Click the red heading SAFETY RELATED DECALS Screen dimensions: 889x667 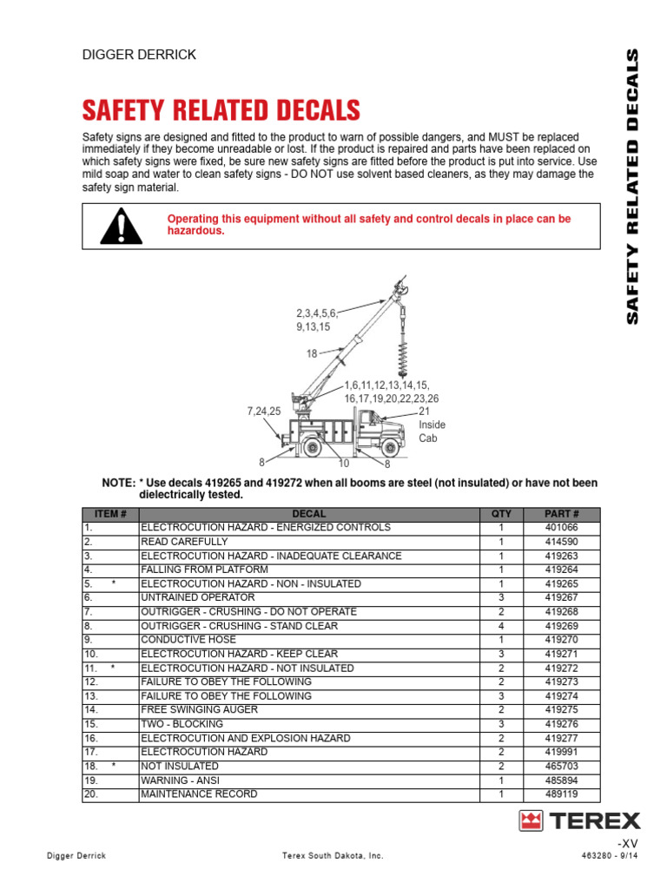click(221, 110)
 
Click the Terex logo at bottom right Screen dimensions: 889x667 click(579, 820)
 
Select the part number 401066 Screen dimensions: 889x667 click(561, 528)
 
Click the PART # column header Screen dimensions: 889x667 click(561, 514)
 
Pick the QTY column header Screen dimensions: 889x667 click(501, 514)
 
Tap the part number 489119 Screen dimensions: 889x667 click(561, 794)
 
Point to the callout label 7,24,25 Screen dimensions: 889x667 click(263, 411)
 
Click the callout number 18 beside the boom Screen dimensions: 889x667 click(311, 353)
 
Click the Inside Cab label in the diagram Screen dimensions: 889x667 click(432, 431)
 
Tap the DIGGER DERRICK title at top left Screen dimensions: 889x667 click(139, 55)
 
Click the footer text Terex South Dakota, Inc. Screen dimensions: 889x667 click(333, 856)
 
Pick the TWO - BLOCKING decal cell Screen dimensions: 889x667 click(182, 724)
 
